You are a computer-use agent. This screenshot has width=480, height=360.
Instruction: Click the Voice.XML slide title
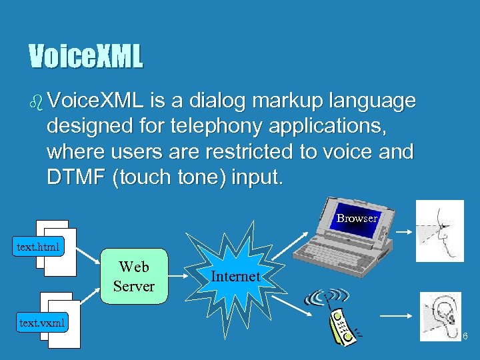(x=85, y=57)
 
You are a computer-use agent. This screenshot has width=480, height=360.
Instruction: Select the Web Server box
(x=133, y=277)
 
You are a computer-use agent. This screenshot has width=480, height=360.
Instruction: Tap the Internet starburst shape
(x=235, y=275)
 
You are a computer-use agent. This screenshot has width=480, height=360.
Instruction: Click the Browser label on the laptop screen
(x=357, y=218)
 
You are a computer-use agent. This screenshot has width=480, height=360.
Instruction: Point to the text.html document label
(x=38, y=247)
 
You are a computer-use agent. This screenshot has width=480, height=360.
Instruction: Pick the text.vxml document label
(x=43, y=323)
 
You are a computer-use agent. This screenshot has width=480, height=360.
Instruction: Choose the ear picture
(x=440, y=317)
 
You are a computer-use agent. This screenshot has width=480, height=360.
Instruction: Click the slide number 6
(x=465, y=337)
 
